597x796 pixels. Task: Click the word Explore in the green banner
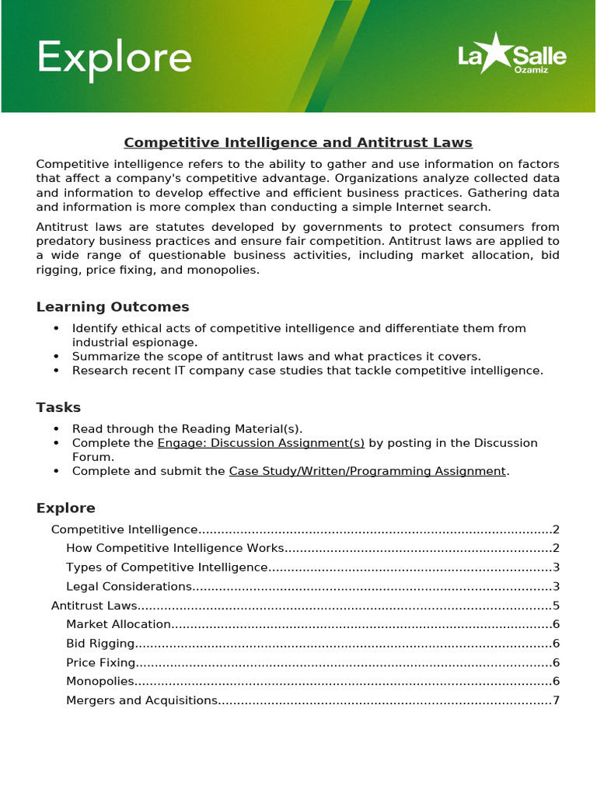coord(114,59)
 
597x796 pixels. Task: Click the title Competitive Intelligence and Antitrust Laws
coord(298,143)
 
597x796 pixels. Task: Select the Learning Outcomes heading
coord(113,307)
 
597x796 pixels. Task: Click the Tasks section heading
coord(58,407)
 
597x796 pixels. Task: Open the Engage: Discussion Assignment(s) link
coord(261,443)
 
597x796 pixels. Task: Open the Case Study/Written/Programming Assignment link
coord(367,471)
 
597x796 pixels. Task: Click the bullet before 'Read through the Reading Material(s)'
coord(56,429)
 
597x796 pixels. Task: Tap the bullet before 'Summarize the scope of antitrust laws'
coord(56,357)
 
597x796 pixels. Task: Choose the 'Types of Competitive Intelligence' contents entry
coord(167,567)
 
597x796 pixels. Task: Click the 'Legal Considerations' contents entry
coord(129,586)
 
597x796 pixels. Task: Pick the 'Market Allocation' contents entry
coord(118,624)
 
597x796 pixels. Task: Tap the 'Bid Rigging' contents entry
coord(100,644)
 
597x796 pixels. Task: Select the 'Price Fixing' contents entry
coord(101,662)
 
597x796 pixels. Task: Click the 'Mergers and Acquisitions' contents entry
coord(141,700)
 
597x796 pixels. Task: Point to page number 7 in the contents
coord(556,700)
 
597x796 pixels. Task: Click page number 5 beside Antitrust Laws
coord(556,606)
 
